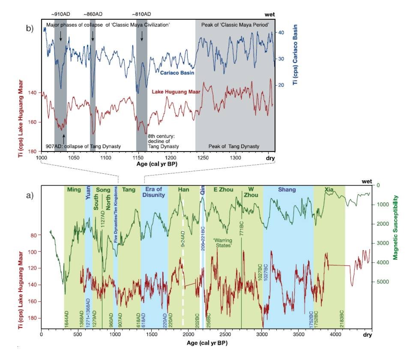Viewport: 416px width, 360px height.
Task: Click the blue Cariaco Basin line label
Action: tap(177, 73)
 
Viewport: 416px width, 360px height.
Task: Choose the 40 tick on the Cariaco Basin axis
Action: tap(281, 32)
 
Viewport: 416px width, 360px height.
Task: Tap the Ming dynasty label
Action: tap(74, 190)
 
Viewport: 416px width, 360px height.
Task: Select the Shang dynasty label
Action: tap(287, 190)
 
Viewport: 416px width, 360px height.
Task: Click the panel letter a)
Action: tap(30, 196)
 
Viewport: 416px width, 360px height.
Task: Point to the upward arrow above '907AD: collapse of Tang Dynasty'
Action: tap(63, 138)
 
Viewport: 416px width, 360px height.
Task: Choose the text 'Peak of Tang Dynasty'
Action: tap(233, 146)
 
